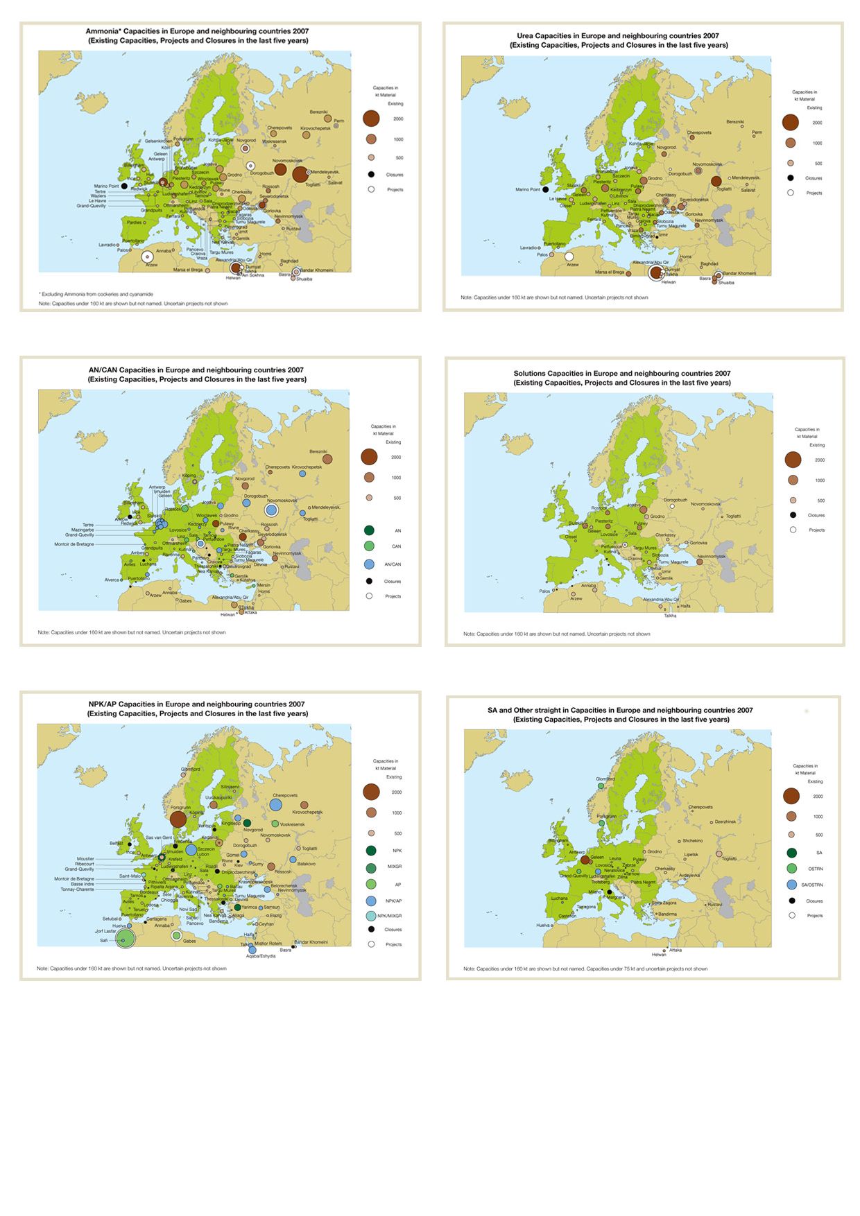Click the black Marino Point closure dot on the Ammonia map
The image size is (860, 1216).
coord(124,186)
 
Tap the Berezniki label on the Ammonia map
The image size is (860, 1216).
coord(318,112)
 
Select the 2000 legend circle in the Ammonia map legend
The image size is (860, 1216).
coord(371,119)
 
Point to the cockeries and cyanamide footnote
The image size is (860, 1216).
coord(96,294)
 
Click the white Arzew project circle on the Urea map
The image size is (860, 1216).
coord(569,257)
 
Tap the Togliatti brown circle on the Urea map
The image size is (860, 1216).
coord(716,182)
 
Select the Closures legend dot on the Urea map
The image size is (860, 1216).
coord(791,178)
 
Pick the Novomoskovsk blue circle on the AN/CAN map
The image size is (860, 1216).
coord(271,510)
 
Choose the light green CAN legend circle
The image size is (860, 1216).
coord(370,546)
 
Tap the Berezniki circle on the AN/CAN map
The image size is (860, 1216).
coord(327,459)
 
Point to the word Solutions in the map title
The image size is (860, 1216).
coord(530,374)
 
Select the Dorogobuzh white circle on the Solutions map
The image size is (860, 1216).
coord(672,506)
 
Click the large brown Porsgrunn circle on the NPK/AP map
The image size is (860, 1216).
coord(178,819)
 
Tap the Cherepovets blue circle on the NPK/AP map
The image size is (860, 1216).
coord(275,805)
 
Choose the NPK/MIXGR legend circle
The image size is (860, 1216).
coord(371,916)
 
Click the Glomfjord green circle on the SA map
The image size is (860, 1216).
coord(601,785)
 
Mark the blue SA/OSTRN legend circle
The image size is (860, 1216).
coord(792,885)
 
